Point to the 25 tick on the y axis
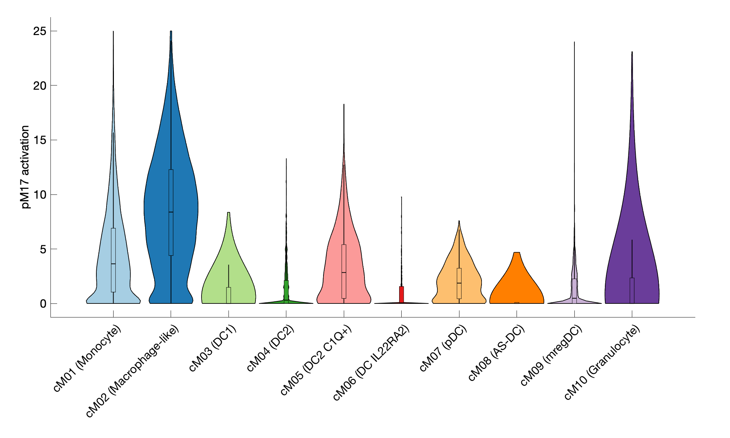pyautogui.click(x=40, y=31)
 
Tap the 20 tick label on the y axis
pyautogui.click(x=40, y=85)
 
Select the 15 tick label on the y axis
pyautogui.click(x=40, y=140)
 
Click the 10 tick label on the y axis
pyautogui.click(x=40, y=194)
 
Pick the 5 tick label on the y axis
pyautogui.click(x=43, y=249)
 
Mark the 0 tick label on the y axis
pyautogui.click(x=43, y=304)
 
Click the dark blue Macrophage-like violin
pyautogui.click(x=182, y=210)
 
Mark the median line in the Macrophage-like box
pyautogui.click(x=171, y=212)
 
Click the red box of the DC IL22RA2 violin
pyautogui.click(x=401, y=294)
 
